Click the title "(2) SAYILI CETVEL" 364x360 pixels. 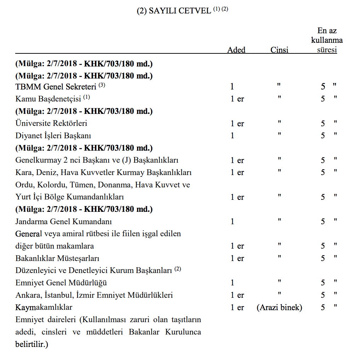tap(175, 11)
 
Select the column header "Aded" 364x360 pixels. tap(236, 50)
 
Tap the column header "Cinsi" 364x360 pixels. tap(279, 50)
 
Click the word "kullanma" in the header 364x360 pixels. tap(327, 40)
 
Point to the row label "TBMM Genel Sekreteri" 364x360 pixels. tap(56, 87)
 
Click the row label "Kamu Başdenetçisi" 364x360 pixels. tap(48, 99)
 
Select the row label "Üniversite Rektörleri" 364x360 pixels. tap(51, 123)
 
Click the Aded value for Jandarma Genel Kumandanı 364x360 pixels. tap(232, 222)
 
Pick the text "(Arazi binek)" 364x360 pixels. tap(279, 308)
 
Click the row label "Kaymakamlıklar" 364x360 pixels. tap(44, 307)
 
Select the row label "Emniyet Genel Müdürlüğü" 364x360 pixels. tap(61, 283)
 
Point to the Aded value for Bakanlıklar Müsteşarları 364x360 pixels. tap(237, 259)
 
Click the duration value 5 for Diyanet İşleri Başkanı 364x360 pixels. tap(323, 136)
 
